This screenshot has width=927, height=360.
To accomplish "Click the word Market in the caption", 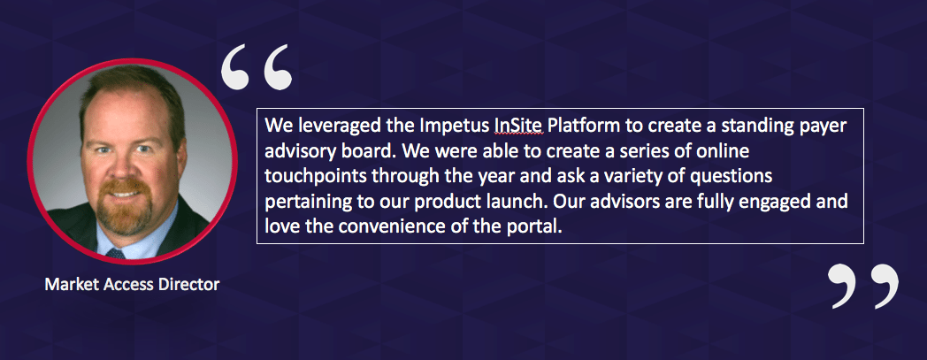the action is click(65, 285).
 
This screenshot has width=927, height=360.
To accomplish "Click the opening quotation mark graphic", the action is click(257, 67).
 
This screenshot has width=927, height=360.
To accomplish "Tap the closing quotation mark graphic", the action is click(862, 286).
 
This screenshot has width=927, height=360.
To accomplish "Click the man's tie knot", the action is click(116, 253).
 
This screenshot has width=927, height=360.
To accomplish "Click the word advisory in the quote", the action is click(299, 153).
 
